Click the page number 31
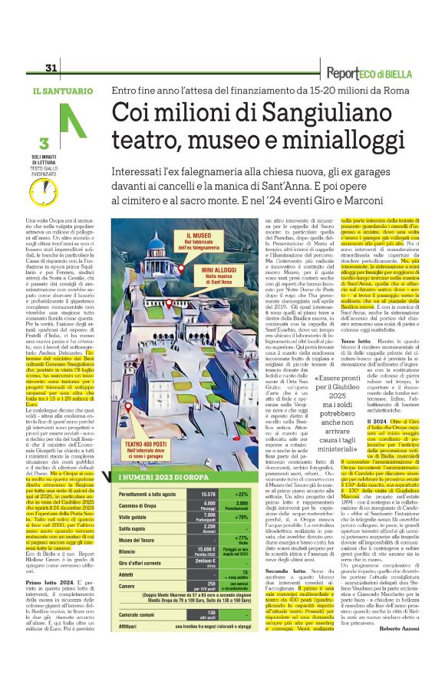point(52,68)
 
